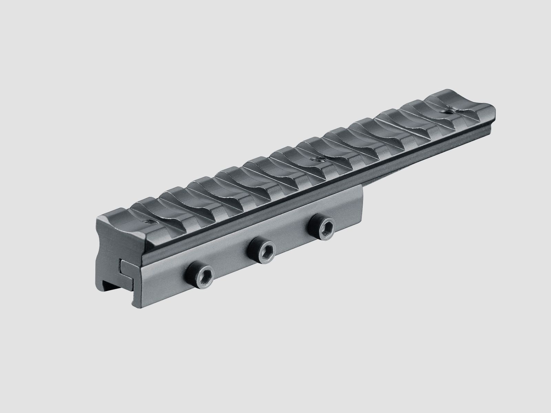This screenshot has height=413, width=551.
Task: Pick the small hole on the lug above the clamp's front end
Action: [149, 222]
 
